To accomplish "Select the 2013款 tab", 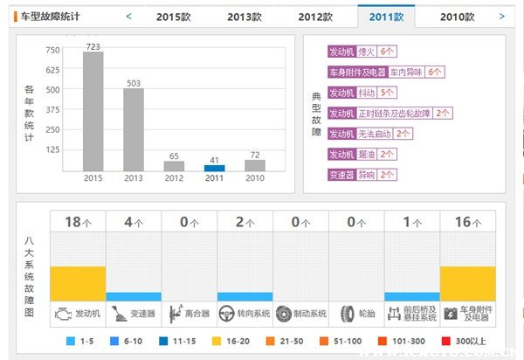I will [245, 17].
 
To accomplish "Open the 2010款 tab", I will [458, 17].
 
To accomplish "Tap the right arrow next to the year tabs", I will [501, 16].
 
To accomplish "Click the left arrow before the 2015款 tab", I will [128, 16].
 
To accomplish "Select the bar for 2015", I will [93, 111].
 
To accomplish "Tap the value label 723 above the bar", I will [93, 45].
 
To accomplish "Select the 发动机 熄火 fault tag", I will [362, 52].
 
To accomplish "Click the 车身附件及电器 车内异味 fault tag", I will [386, 72].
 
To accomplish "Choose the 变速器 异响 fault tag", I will [362, 174].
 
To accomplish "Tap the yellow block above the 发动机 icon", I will [78, 282].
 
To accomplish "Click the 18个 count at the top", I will [78, 222].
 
